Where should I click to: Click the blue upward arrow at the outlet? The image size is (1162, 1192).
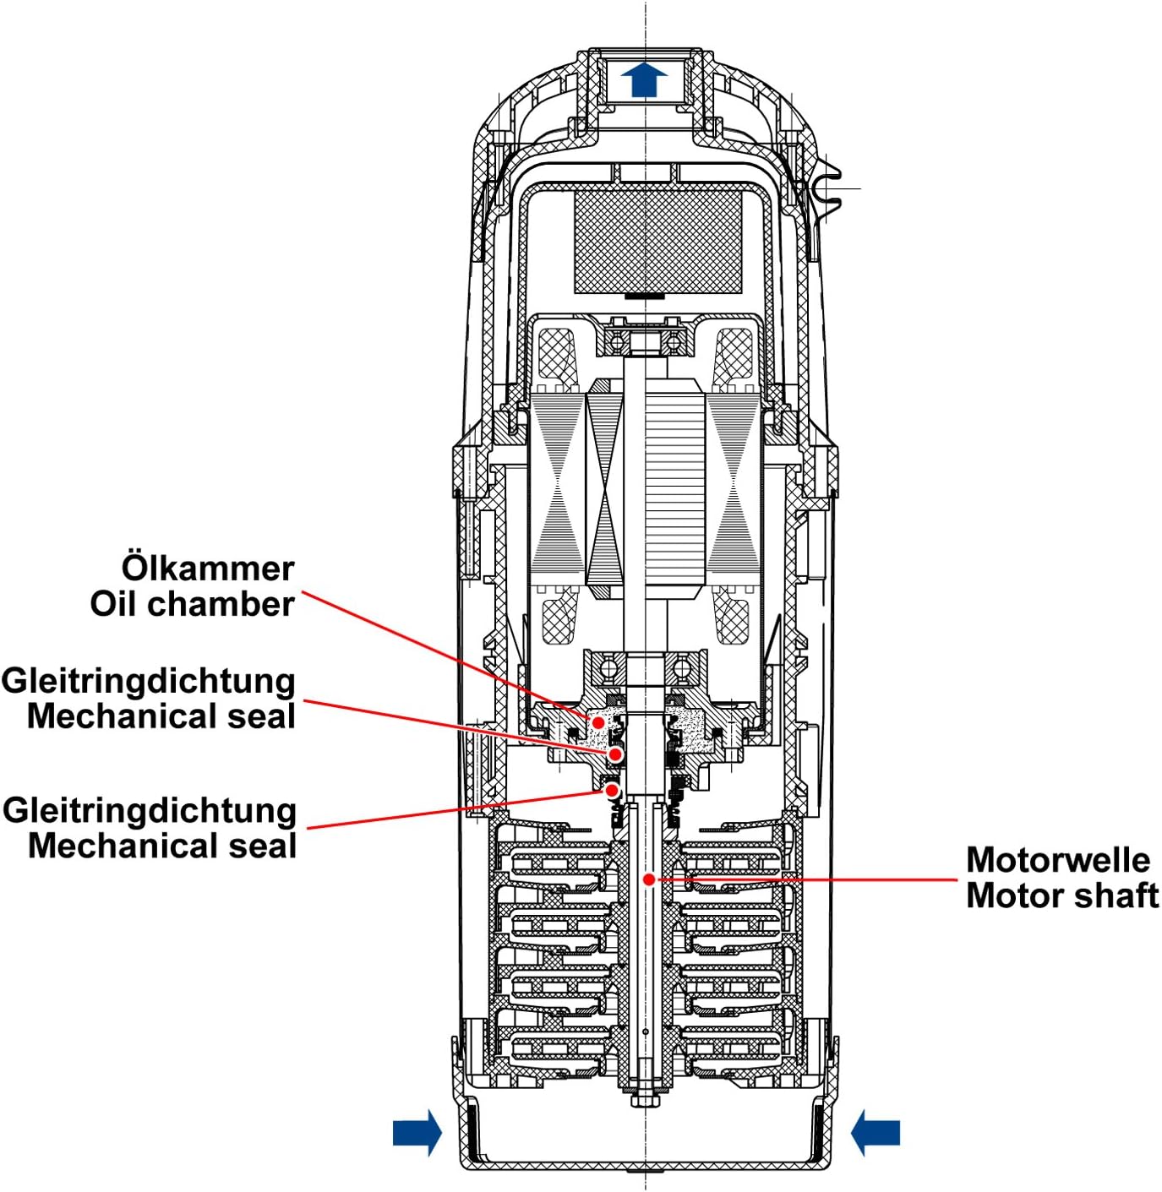click(x=644, y=79)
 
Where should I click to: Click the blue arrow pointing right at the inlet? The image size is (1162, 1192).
click(x=417, y=1132)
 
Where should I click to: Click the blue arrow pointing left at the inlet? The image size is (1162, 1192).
click(x=876, y=1132)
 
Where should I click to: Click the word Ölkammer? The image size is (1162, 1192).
click(x=208, y=568)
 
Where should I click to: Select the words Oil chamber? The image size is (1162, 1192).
click(x=193, y=604)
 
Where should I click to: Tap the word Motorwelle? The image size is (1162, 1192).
click(x=1058, y=860)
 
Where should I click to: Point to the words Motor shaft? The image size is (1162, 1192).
click(x=1062, y=895)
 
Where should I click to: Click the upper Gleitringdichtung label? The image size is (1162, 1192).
click(x=149, y=681)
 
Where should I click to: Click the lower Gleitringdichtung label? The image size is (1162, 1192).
click(x=150, y=810)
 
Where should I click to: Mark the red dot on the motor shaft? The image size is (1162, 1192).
click(x=648, y=879)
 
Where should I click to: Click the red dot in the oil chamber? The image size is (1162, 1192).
click(x=598, y=723)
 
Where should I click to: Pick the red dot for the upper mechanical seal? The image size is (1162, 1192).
click(x=616, y=754)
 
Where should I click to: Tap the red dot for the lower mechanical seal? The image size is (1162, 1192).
click(x=612, y=790)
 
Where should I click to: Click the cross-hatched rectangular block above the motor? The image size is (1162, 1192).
click(x=658, y=241)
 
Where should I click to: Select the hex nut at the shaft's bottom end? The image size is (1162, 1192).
click(x=645, y=1100)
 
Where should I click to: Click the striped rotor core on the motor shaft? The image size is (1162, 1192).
click(x=674, y=490)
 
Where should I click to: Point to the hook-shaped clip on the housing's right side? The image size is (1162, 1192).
click(x=826, y=188)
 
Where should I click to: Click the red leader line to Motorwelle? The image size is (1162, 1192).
click(x=803, y=879)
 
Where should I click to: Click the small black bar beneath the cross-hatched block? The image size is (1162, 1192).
click(x=644, y=297)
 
